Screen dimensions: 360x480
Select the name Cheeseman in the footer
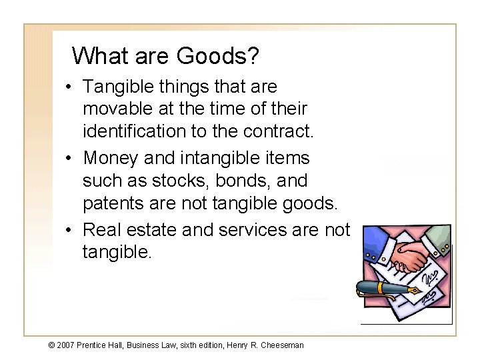click(x=281, y=345)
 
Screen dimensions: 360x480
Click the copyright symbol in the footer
click(x=52, y=345)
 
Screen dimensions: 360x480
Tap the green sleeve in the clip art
click(x=436, y=237)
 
